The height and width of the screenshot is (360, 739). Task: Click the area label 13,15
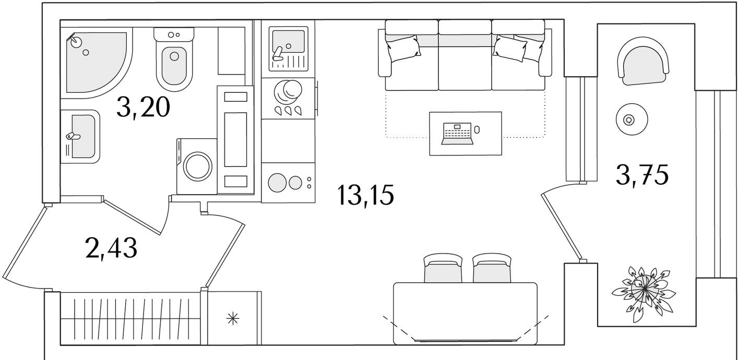[x=365, y=196]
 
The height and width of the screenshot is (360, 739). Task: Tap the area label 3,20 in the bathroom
[x=143, y=109]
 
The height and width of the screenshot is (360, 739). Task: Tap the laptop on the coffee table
[x=458, y=133]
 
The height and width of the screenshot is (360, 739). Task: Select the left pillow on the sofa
[x=403, y=46]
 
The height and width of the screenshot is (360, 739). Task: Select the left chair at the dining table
[x=443, y=269]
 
